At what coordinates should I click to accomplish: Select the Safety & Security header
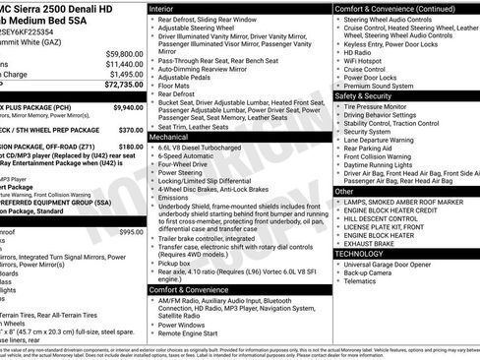click(x=368, y=96)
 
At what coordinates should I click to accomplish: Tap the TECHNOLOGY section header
click(x=358, y=254)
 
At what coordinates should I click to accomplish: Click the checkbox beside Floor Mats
click(x=151, y=88)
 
